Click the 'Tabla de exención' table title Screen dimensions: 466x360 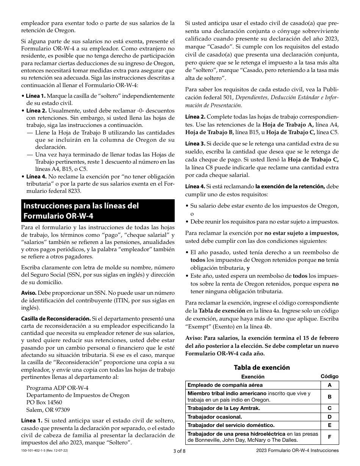261,367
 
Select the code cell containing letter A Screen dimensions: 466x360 329,385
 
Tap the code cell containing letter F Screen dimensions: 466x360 329,437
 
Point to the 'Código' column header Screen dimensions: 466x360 329,376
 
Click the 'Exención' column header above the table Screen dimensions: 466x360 253,377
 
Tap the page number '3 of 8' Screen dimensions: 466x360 180,451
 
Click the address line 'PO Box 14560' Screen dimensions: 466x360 44,402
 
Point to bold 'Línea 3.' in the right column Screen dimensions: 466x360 195,144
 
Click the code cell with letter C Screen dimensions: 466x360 329,408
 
